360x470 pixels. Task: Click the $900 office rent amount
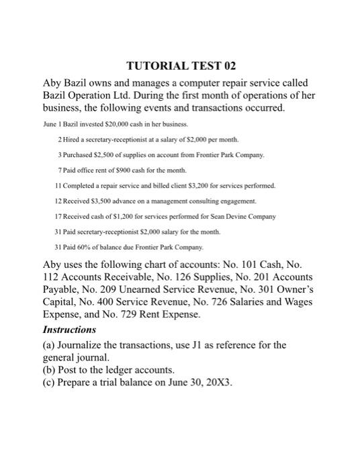click(x=114, y=169)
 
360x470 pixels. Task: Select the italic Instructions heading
click(x=70, y=330)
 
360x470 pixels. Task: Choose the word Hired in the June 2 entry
click(x=73, y=139)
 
